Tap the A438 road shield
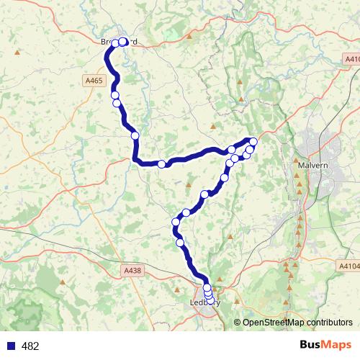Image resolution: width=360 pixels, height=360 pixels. tap(132, 270)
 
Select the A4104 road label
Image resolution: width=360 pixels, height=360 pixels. tap(348, 266)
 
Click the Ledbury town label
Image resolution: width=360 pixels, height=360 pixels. tap(205, 302)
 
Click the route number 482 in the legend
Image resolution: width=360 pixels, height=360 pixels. tap(30, 346)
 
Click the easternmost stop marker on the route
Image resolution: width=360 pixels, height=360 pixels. tap(253, 141)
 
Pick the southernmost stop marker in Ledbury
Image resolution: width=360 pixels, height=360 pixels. tap(210, 302)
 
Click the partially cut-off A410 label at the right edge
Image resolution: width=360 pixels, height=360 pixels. tap(351, 59)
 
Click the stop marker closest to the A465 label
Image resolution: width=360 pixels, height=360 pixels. tap(114, 95)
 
